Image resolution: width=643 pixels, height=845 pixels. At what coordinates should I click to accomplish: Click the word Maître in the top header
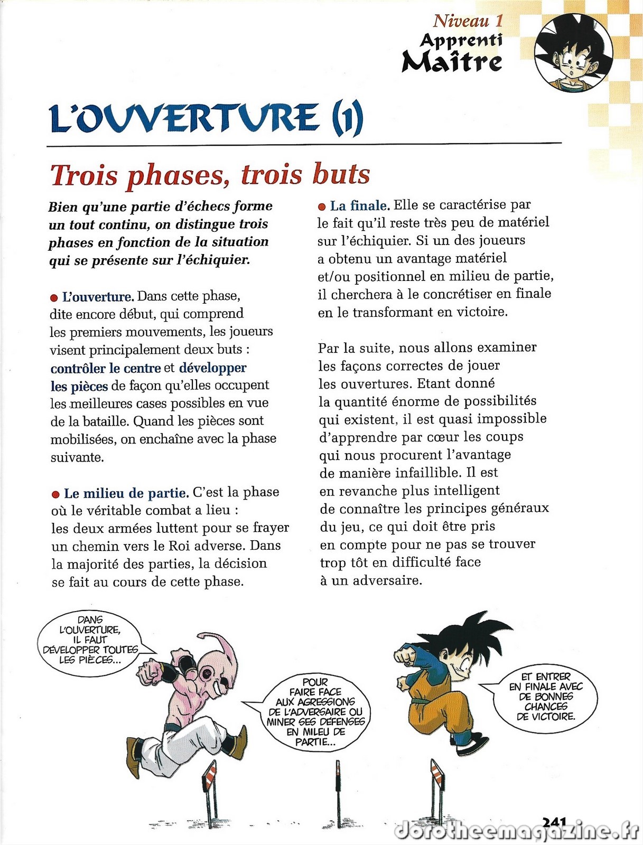click(x=452, y=61)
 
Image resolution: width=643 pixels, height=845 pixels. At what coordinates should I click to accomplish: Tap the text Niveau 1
click(x=468, y=21)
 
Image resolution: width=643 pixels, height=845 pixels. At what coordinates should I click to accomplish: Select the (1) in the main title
click(x=347, y=118)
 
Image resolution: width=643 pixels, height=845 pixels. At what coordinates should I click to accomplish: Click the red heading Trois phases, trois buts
click(x=210, y=175)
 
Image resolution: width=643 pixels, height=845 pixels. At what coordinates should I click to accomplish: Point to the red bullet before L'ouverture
click(x=53, y=298)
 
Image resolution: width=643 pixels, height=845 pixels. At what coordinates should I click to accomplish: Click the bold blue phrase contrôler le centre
click(x=106, y=368)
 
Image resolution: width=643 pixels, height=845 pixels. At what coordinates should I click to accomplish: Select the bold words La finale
click(x=360, y=205)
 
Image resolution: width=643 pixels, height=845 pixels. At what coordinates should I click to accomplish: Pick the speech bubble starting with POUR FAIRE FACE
click(x=315, y=711)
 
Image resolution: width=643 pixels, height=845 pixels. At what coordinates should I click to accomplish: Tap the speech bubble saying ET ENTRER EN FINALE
click(x=546, y=696)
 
